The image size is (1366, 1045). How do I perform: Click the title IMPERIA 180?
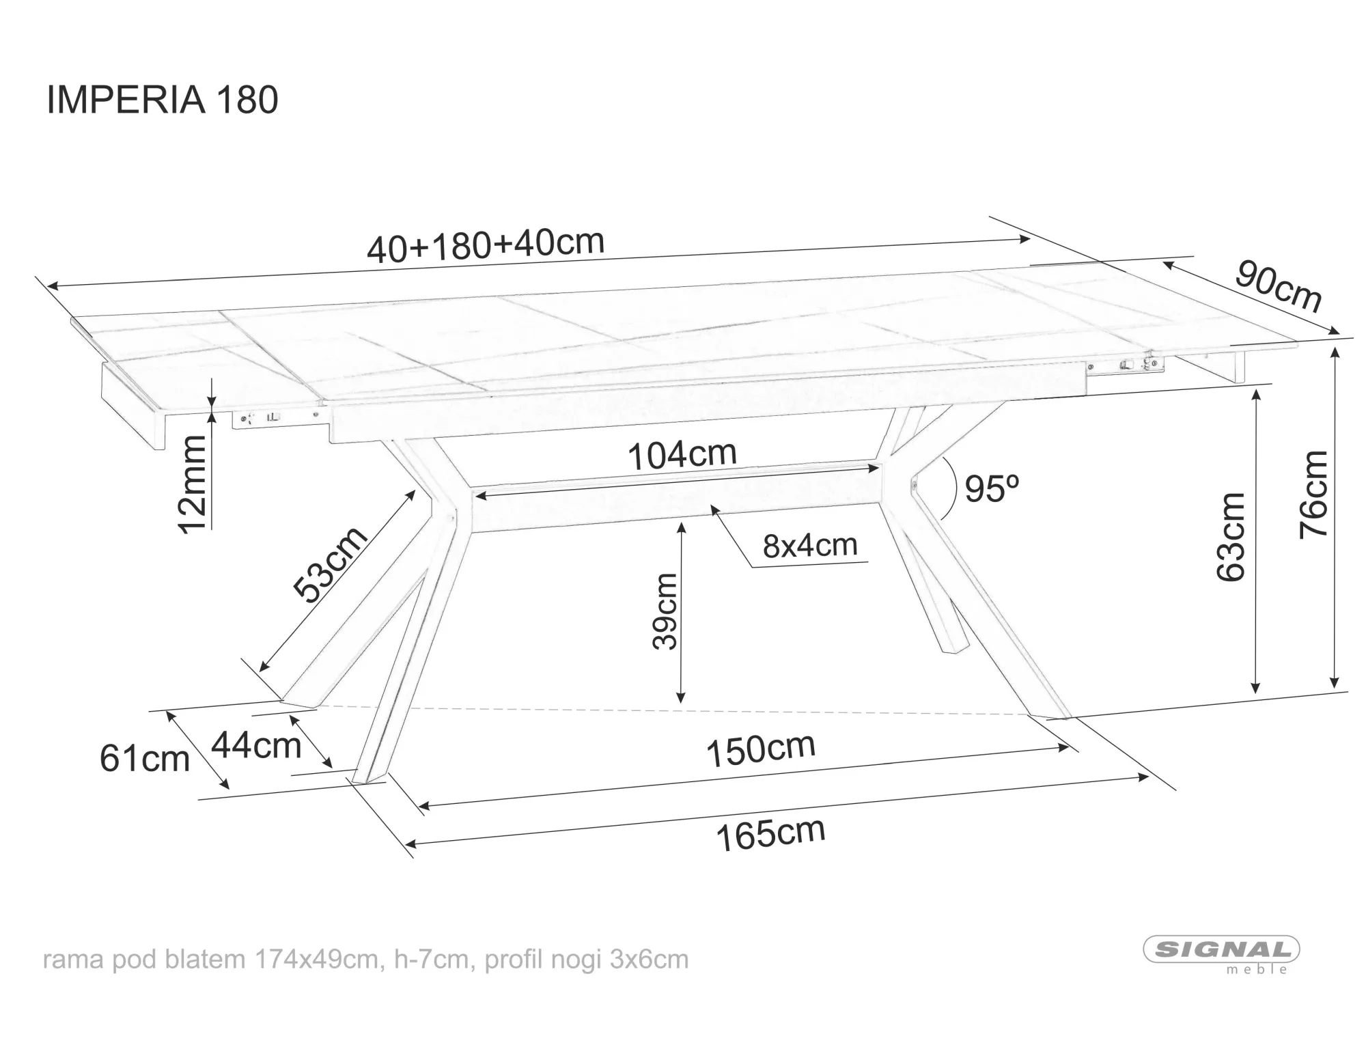(163, 100)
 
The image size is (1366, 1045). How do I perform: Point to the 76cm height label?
(1313, 494)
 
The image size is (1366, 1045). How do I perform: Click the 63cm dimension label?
(1231, 537)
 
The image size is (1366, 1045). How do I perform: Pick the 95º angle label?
(992, 489)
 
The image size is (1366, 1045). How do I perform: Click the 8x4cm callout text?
(810, 546)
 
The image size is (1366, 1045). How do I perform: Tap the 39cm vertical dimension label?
(665, 611)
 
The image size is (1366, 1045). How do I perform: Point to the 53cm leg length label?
(331, 565)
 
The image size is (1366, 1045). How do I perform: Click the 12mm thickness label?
(191, 484)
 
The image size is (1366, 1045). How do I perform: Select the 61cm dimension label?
(145, 759)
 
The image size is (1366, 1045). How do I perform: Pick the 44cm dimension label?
(256, 745)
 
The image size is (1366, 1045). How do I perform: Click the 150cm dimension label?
(761, 750)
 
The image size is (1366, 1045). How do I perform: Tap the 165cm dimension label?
(771, 835)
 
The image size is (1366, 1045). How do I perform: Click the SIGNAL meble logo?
(1222, 954)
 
